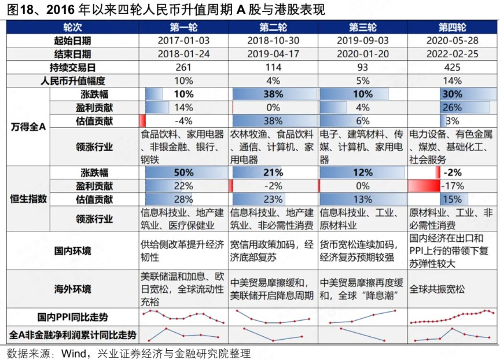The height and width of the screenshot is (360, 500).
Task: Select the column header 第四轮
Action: (452, 28)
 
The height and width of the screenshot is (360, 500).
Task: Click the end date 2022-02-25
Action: (452, 54)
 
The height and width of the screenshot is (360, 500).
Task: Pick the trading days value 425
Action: (452, 67)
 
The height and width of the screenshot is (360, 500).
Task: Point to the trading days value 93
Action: (363, 67)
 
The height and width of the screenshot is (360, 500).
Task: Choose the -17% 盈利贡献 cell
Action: (452, 186)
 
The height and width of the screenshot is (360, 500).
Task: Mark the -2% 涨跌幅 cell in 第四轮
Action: (452, 173)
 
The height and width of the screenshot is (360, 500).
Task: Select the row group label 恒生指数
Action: (28, 199)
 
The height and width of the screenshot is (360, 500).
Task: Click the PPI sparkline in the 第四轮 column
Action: (452, 316)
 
